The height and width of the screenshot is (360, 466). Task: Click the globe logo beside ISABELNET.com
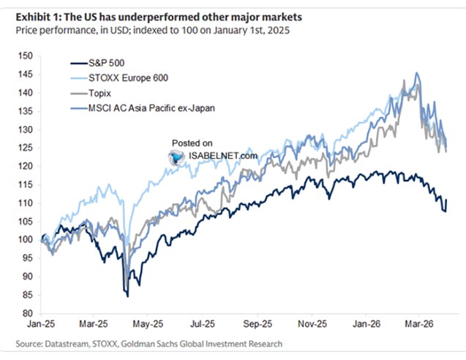point(175,156)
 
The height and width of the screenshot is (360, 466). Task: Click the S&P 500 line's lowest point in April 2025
point(127,296)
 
